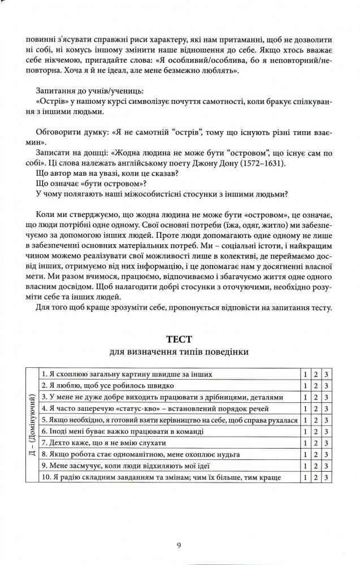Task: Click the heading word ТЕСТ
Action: pyautogui.click(x=179, y=340)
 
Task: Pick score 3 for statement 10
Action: pyautogui.click(x=326, y=478)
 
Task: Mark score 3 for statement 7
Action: pyautogui.click(x=326, y=444)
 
